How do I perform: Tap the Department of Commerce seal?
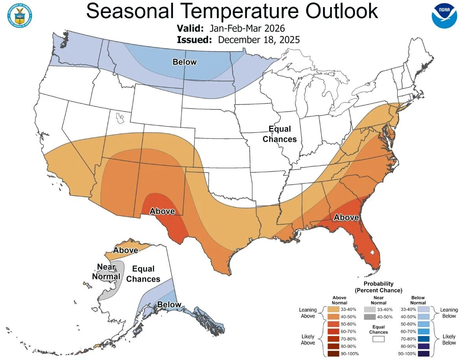pos(19,14)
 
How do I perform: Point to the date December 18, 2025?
pos(259,40)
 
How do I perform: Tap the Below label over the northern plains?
pos(184,62)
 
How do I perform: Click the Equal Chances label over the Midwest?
pos(279,134)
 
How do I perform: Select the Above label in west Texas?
pos(162,211)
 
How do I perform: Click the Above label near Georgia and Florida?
pos(346,217)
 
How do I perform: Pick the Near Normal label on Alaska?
pos(106,272)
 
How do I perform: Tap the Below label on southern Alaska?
pos(169,305)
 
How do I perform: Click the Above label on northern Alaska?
pos(125,250)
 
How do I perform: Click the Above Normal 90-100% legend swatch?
pos(333,353)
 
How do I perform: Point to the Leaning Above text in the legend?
pos(308,313)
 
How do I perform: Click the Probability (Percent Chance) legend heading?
pos(378,287)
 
